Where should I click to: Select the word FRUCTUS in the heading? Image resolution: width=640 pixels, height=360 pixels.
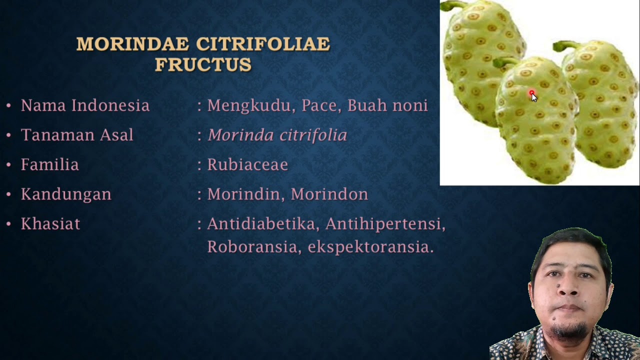point(203,64)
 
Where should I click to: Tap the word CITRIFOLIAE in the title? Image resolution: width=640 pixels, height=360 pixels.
point(263,44)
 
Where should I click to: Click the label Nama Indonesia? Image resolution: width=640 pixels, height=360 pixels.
point(85,105)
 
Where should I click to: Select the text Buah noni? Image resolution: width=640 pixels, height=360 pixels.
point(387,105)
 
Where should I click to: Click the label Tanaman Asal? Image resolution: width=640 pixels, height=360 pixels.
point(77,135)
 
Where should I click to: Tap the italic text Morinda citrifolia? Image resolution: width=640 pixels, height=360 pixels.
point(277,135)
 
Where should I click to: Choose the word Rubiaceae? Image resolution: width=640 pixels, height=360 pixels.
point(247,164)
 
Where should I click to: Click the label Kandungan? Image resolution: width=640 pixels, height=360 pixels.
point(66,194)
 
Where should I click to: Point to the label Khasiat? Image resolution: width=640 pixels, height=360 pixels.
point(50,223)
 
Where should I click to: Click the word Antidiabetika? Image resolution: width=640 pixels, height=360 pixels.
point(263,223)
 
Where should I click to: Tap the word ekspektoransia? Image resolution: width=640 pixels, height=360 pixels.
point(370,247)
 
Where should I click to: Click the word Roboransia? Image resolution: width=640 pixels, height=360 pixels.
point(252,247)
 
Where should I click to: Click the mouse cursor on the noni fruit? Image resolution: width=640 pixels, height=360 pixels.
point(533,96)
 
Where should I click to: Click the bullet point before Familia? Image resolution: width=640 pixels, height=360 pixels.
point(8,165)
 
